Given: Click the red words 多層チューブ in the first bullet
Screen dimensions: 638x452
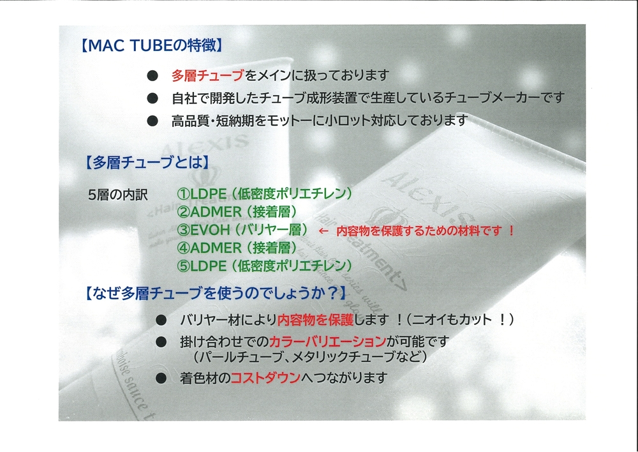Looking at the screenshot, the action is pyautogui.click(x=207, y=75).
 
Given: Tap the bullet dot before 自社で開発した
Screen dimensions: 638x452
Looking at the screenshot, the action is pyautogui.click(x=152, y=98).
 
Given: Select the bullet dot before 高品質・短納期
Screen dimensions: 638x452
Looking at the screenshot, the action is pyautogui.click(x=152, y=121).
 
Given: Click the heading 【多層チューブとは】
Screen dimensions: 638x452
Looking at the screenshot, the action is pyautogui.click(x=147, y=162).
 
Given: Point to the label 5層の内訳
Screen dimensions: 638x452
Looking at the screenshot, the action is pyautogui.click(x=117, y=195).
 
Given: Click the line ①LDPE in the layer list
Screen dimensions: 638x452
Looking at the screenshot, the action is pyautogui.click(x=265, y=194).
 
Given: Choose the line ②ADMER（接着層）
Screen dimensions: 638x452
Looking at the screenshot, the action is pyautogui.click(x=237, y=212).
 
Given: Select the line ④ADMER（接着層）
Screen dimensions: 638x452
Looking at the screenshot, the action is pyautogui.click(x=237, y=248).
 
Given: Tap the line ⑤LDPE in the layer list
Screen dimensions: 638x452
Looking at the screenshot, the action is pyautogui.click(x=265, y=266).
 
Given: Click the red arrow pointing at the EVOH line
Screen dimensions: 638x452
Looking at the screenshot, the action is pyautogui.click(x=323, y=231).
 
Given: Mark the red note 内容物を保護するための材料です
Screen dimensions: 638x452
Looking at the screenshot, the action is pyautogui.click(x=419, y=231).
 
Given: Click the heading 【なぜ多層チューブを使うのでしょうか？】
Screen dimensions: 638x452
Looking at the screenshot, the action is pyautogui.click(x=216, y=293).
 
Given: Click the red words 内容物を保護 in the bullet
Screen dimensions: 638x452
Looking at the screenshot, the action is pyautogui.click(x=315, y=320).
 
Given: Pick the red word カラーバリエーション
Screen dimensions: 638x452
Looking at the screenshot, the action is pyautogui.click(x=327, y=342).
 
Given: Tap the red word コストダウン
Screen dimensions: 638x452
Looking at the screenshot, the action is pyautogui.click(x=265, y=378).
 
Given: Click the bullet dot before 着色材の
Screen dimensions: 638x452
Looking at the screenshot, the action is pyautogui.click(x=161, y=379).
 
